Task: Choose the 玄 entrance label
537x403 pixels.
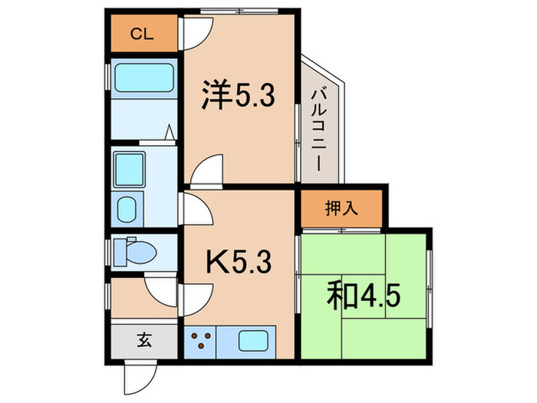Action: [144, 339]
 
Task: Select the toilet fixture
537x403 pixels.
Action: [135, 250]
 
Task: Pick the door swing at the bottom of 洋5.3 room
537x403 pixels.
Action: [207, 171]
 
